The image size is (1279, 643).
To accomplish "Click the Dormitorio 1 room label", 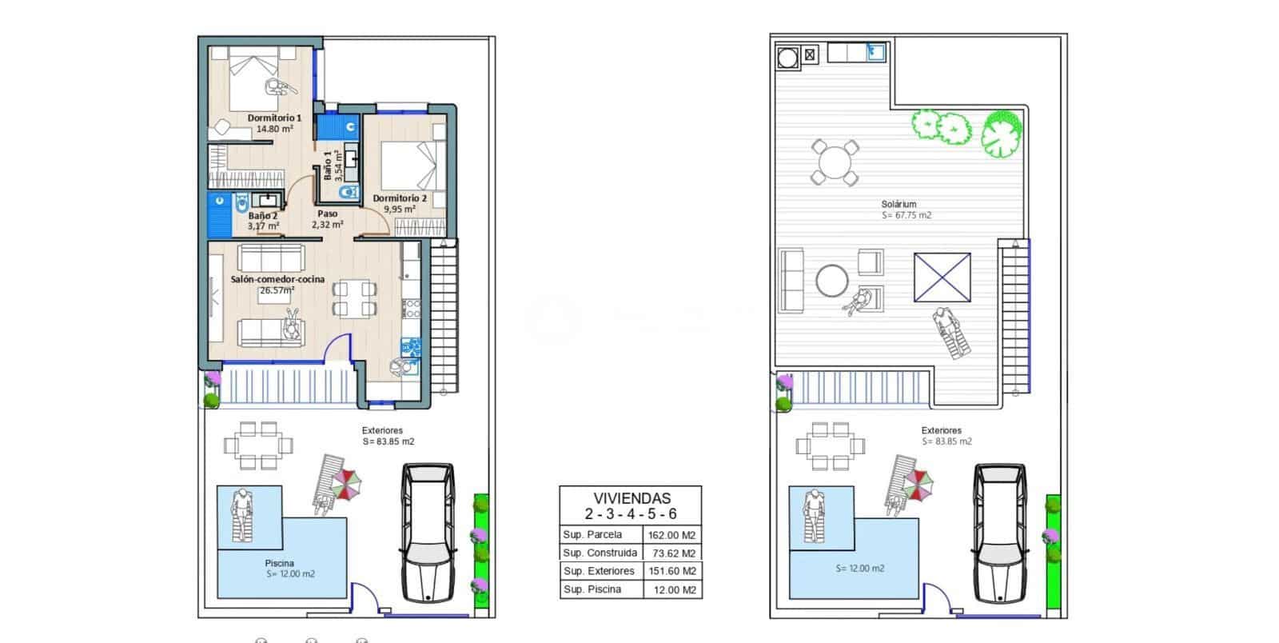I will point(274,118).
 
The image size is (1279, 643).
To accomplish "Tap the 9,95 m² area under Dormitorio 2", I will point(399,210).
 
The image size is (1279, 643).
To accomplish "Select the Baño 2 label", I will point(263,216).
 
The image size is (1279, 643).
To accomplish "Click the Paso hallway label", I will point(327,214).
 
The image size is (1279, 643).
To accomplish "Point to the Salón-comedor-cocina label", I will point(277,279).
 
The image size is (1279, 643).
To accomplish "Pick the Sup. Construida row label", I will point(600,553).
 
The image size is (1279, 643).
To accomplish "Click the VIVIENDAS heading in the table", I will point(632,498).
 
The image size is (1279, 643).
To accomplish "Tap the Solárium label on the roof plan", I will point(898,204).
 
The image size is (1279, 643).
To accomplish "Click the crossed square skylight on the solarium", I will point(942,278).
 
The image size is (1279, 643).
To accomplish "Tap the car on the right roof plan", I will point(998,532).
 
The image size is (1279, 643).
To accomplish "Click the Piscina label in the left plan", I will point(279,563).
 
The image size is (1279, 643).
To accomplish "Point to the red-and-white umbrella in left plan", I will point(346,483).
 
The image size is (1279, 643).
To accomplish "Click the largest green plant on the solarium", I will point(1002,132).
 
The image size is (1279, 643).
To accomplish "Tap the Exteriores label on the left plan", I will point(382,430).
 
